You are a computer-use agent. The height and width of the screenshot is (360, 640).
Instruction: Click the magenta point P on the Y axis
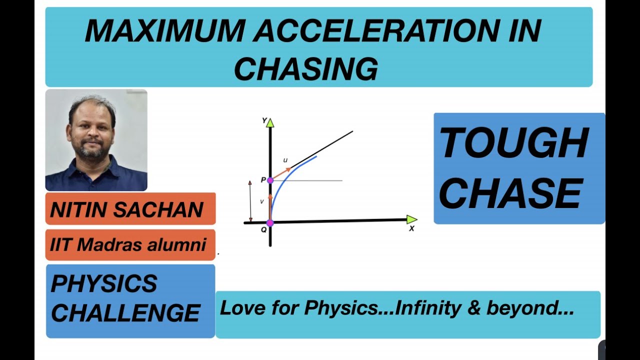click(x=270, y=180)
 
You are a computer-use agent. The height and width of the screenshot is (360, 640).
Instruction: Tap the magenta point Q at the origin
click(x=270, y=223)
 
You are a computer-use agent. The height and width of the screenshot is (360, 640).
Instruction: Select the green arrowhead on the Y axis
click(x=270, y=122)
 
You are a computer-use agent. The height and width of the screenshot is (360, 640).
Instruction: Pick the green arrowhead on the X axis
click(x=411, y=219)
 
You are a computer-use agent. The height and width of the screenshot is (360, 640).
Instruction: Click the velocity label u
click(x=285, y=160)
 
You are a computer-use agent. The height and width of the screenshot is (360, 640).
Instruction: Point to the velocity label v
click(x=261, y=201)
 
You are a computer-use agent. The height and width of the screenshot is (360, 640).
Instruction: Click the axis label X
click(x=412, y=229)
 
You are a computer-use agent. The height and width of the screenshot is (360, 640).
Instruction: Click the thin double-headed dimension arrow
click(x=251, y=201)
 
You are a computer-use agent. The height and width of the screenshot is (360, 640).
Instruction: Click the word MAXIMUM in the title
click(x=165, y=32)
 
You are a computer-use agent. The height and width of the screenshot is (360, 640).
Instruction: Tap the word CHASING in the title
click(x=305, y=69)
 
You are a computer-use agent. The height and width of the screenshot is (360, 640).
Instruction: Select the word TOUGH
click(x=514, y=143)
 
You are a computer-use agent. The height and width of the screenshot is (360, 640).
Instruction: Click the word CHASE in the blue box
click(x=511, y=193)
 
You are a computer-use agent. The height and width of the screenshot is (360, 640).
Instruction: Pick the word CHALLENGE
click(x=125, y=313)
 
